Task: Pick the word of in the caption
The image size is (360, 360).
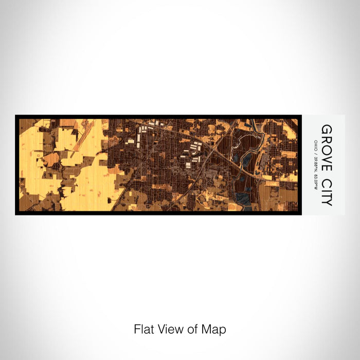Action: click(x=192, y=329)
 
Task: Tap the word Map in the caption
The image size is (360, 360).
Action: click(x=213, y=329)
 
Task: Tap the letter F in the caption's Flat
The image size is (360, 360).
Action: click(x=137, y=329)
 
